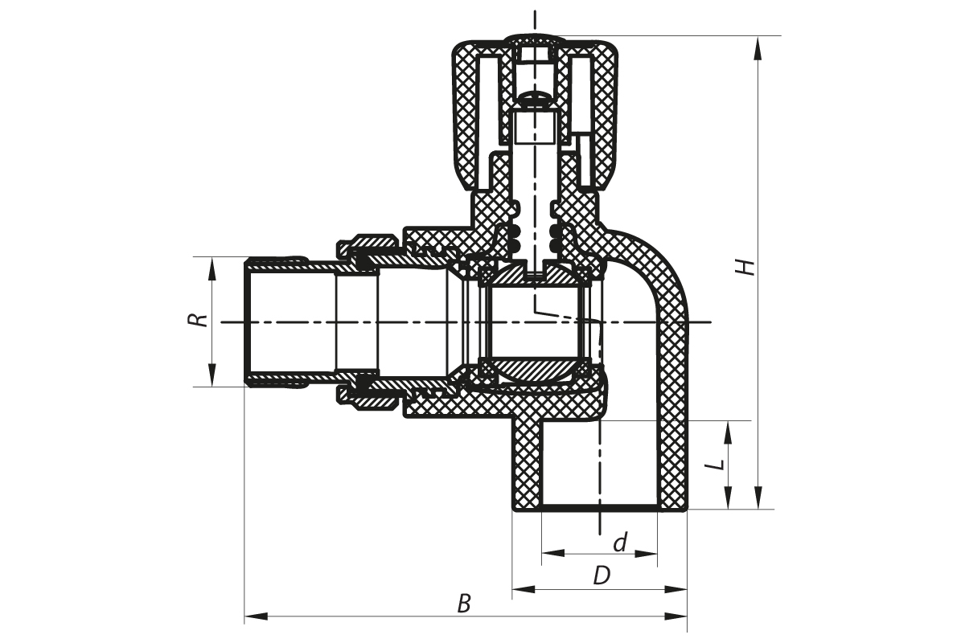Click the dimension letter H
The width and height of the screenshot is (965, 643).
tap(749, 266)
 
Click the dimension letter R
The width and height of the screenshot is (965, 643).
tap(195, 320)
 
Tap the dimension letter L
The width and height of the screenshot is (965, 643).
tap(721, 464)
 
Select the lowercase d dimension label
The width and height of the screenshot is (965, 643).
tap(619, 543)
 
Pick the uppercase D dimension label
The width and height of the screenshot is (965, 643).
tap(602, 575)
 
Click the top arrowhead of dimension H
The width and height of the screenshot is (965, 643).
tap(756, 45)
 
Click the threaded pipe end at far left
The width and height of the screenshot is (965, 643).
tap(273, 321)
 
